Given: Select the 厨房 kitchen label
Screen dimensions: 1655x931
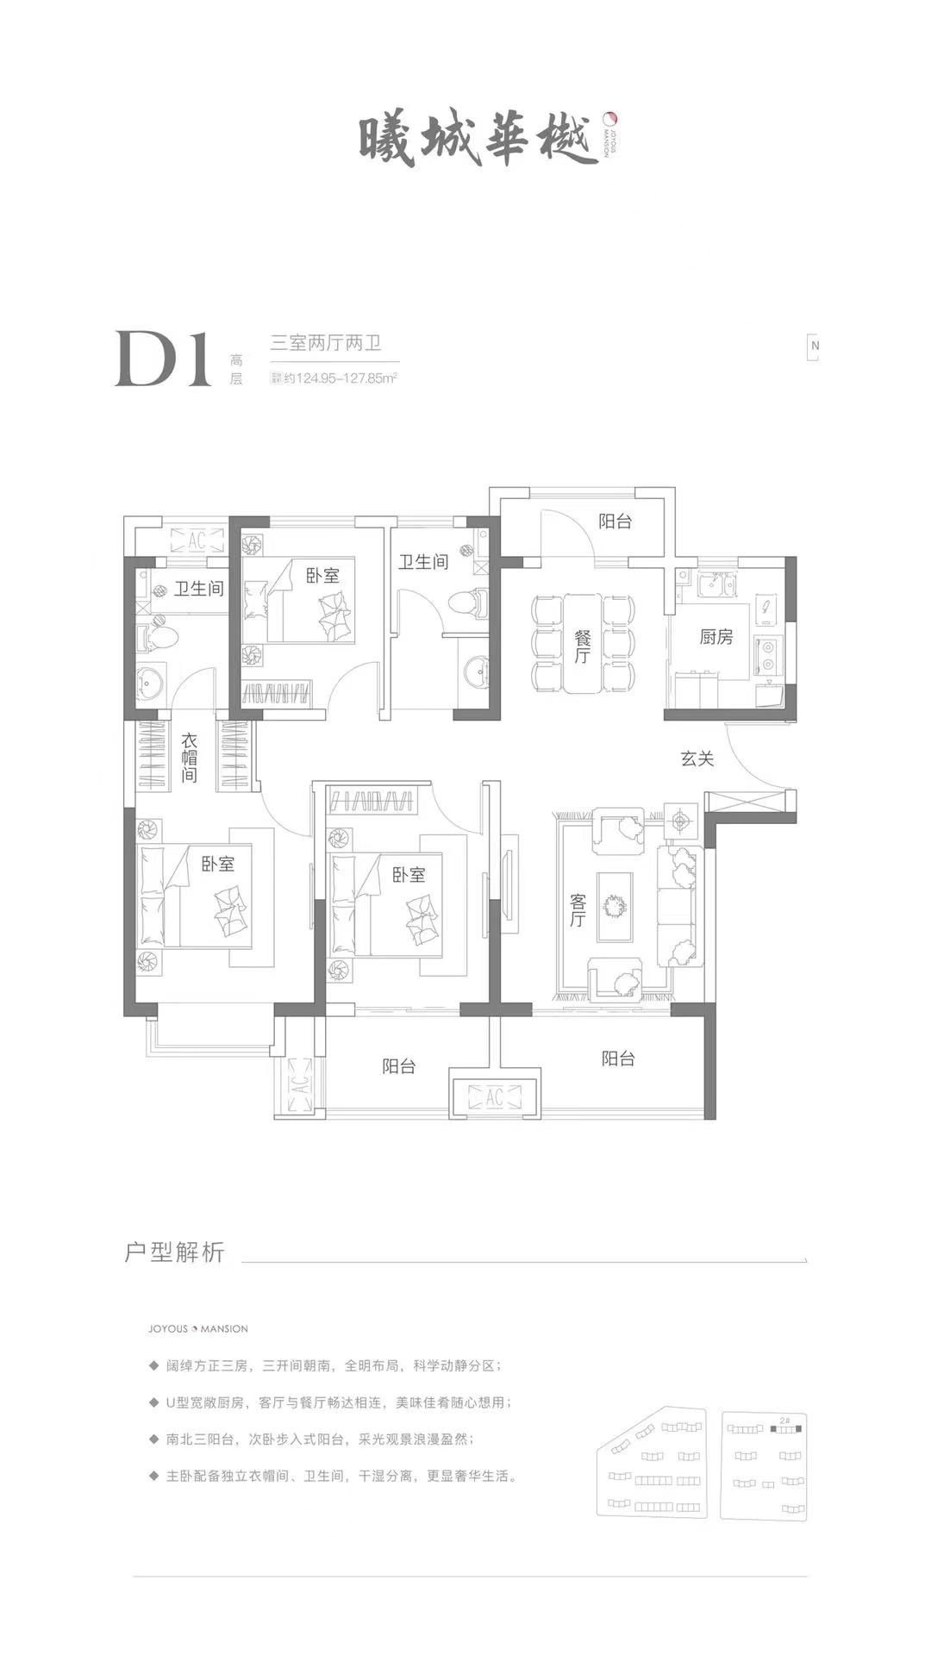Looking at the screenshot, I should click(716, 636).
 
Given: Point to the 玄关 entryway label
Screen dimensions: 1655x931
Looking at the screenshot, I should click(697, 759).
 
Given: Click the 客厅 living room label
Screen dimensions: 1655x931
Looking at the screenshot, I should click(578, 910).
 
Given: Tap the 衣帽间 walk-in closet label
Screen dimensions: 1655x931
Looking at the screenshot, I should click(190, 756).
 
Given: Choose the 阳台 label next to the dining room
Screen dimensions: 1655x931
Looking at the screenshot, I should click(615, 521).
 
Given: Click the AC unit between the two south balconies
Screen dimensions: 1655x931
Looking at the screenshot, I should click(495, 1097).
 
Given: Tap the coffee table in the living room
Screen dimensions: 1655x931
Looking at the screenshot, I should click(614, 907).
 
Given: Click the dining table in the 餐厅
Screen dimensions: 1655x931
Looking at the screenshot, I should click(584, 642).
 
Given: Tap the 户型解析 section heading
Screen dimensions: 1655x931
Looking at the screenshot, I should click(174, 1252).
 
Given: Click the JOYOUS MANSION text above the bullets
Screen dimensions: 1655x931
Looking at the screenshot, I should click(197, 1328).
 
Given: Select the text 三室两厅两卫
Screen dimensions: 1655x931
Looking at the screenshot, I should click(326, 343).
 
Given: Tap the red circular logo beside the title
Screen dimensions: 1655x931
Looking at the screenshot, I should click(609, 118).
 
